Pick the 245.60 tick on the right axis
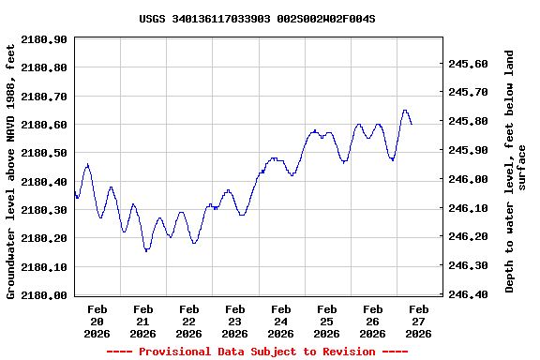click(468, 64)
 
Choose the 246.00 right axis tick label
click(468, 179)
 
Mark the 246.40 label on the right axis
click(468, 294)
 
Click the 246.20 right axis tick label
click(468, 237)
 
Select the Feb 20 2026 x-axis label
click(97, 321)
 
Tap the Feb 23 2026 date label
click(235, 321)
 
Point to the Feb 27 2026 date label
click(419, 321)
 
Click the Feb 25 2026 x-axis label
click(327, 321)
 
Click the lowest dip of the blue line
click(146, 251)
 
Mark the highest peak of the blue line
click(405, 111)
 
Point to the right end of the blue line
click(412, 124)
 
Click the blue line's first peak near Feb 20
click(87, 165)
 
